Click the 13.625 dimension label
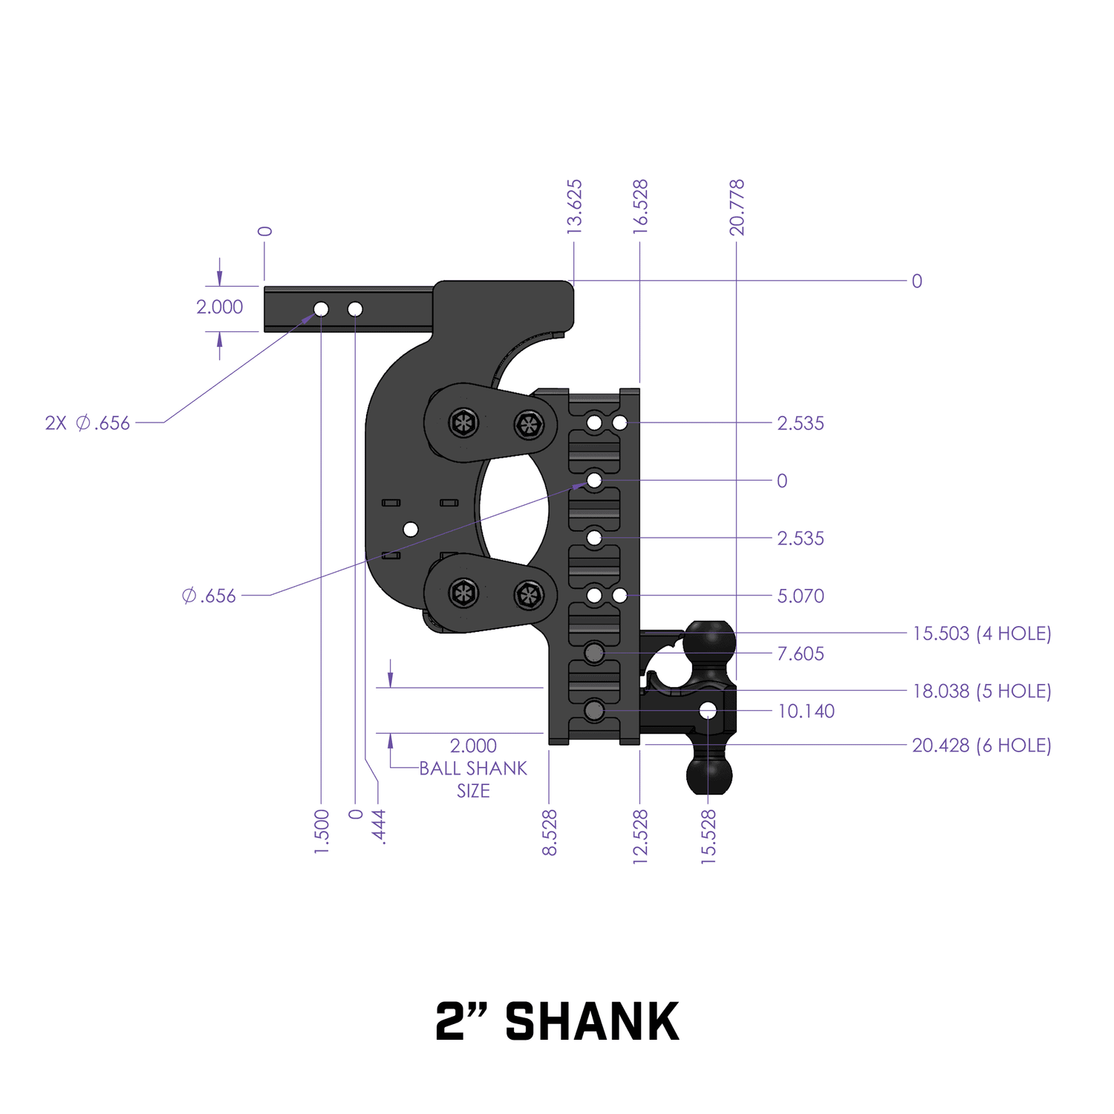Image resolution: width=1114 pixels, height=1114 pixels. [574, 207]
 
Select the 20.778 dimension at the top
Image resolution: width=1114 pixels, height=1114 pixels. [736, 207]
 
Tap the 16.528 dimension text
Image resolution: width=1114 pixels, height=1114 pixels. [640, 207]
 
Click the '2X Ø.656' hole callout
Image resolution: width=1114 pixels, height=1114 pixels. [88, 423]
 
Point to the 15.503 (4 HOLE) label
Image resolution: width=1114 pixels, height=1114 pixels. [982, 633]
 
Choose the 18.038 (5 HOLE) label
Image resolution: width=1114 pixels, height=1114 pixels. [982, 691]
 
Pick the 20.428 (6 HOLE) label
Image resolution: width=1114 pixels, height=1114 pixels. [982, 745]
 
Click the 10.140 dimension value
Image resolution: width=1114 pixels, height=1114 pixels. [806, 711]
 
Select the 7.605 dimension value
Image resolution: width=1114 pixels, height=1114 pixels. [801, 654]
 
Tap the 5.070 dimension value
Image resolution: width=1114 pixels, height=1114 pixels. [801, 596]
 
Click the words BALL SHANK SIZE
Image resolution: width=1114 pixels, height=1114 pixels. [473, 779]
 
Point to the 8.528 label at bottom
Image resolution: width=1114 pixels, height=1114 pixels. [550, 833]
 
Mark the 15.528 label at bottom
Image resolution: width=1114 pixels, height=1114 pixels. [709, 836]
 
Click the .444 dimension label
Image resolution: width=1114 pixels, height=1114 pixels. [379, 827]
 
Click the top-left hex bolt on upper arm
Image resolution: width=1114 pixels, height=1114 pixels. [464, 424]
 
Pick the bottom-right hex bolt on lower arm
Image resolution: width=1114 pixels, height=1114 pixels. [529, 594]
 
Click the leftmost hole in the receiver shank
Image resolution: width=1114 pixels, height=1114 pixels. [321, 309]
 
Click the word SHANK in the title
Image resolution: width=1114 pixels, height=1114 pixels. [592, 1022]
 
